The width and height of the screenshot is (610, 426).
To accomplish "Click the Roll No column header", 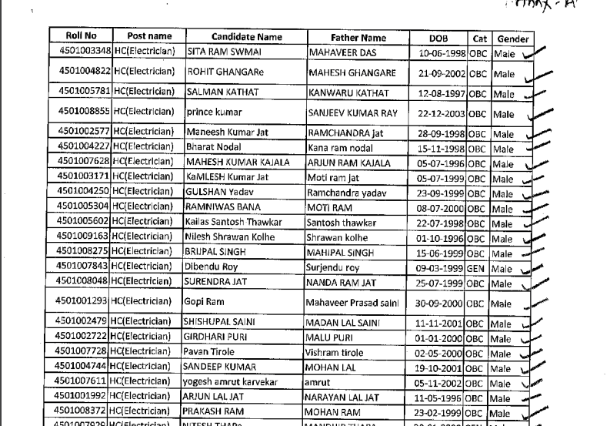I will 81,36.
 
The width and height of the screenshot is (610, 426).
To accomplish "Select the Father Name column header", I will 358,37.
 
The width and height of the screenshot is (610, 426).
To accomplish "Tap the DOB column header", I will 443,37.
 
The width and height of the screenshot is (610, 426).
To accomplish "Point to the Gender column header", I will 512,37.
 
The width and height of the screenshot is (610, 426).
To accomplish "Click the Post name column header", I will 149,36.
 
